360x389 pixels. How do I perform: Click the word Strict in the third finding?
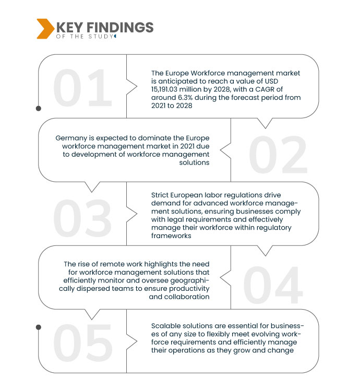[161, 196]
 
